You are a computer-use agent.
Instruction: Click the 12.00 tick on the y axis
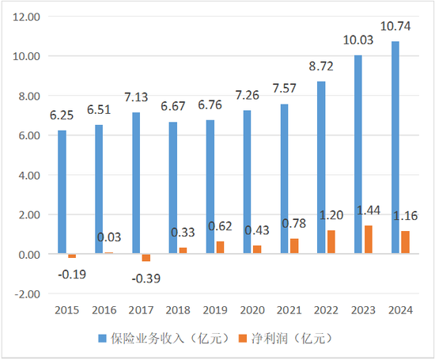27,17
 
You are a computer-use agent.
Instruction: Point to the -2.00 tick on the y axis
27,294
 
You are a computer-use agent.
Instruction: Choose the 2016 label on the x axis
104,311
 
